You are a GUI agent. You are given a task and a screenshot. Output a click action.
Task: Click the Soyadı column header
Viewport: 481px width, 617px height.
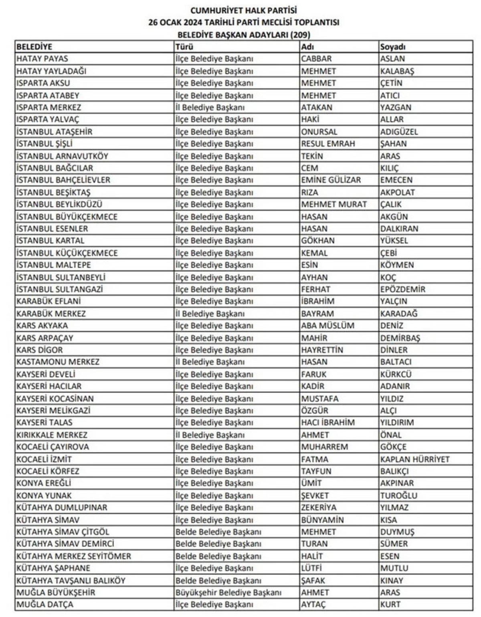tap(393, 47)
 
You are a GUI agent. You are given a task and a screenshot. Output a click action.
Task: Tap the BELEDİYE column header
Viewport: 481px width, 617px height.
tap(34, 47)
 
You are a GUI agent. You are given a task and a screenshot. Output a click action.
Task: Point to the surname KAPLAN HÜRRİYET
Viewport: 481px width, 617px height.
tap(415, 459)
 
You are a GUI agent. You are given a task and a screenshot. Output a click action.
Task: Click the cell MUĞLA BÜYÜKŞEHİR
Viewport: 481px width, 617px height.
tap(56, 592)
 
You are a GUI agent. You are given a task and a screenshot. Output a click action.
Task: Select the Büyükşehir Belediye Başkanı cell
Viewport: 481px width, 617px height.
tap(228, 592)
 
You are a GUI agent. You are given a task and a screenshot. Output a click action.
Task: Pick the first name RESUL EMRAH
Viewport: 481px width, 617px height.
tap(328, 144)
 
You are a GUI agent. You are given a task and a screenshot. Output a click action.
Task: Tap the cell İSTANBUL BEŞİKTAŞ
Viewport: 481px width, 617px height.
tap(53, 192)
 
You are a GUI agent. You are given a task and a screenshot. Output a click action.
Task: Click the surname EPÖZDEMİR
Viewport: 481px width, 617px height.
tap(403, 289)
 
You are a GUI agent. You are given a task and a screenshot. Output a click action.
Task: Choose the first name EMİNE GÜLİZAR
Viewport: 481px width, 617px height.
tap(331, 180)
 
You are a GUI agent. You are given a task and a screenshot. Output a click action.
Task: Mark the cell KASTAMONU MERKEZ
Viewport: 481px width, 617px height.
tap(58, 362)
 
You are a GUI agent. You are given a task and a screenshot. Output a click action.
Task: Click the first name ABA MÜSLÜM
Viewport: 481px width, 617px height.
tap(327, 325)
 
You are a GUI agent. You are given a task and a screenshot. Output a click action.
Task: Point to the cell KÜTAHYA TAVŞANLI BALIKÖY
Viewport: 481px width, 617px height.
tap(71, 580)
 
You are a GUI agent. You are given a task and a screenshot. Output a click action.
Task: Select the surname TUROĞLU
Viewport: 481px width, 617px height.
tap(399, 495)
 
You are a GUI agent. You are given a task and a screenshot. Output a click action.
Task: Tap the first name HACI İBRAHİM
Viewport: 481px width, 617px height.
tap(328, 422)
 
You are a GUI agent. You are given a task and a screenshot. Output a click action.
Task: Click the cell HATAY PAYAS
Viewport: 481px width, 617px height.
tap(42, 59)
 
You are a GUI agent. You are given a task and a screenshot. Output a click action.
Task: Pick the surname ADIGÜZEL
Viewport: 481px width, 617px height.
tap(399, 132)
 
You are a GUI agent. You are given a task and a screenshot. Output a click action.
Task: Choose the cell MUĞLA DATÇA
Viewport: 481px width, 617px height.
tap(45, 604)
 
